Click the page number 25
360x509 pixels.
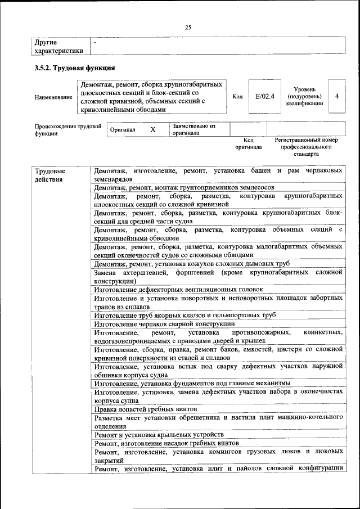(x=188, y=27)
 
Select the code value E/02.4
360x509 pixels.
(x=264, y=96)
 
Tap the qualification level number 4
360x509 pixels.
(x=336, y=96)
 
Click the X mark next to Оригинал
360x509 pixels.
(x=152, y=129)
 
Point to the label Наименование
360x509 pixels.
(x=54, y=97)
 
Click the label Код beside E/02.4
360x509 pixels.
(x=237, y=97)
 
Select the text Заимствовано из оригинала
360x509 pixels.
(x=194, y=129)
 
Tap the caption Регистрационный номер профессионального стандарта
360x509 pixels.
(x=306, y=146)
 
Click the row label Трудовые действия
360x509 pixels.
(x=49, y=175)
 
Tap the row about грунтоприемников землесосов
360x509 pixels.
(x=184, y=187)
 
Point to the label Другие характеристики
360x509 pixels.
(x=59, y=46)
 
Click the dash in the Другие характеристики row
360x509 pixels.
(x=95, y=42)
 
